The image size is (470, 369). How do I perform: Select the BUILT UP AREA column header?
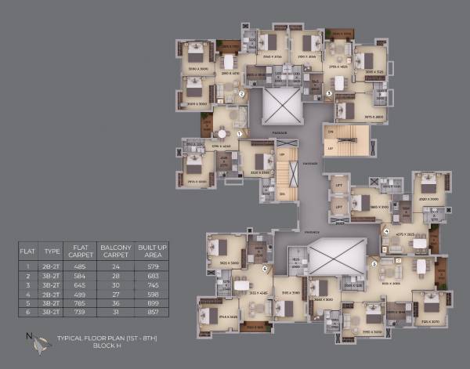click(153, 251)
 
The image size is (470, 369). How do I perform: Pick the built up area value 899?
click(153, 304)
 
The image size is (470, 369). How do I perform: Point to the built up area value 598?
click(153, 295)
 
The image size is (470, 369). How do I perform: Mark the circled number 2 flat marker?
click(242, 93)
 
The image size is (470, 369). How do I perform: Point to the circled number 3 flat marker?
click(329, 92)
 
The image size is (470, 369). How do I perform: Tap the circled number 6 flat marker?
click(266, 269)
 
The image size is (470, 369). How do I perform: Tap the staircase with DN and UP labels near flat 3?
click(345, 140)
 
